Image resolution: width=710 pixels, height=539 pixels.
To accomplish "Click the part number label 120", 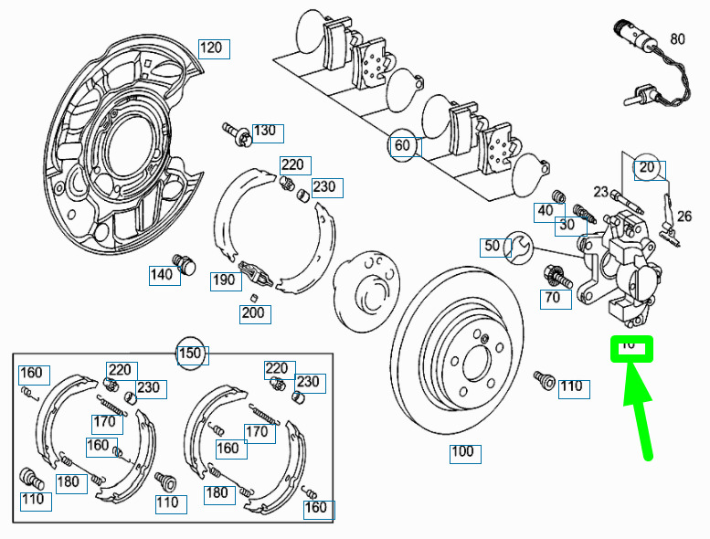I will (211, 48).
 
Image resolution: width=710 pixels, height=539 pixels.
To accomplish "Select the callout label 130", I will (264, 132).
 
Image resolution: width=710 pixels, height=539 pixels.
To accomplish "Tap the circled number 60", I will (403, 145).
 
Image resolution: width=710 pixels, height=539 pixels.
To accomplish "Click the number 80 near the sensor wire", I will (677, 39).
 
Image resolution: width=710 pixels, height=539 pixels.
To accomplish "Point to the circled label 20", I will (648, 168).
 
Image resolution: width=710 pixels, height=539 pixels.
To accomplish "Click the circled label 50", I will (493, 246).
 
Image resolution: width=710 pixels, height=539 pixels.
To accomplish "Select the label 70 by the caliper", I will (553, 298).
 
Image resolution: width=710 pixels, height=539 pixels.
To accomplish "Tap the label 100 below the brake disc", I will (463, 452).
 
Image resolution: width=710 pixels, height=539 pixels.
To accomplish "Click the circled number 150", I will (189, 354).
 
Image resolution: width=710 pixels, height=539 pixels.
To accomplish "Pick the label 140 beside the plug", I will (162, 274).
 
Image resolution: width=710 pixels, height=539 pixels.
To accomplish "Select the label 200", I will (253, 313).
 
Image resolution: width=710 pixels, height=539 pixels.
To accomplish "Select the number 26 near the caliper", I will (684, 217).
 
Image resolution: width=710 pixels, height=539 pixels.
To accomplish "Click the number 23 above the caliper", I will (600, 192).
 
